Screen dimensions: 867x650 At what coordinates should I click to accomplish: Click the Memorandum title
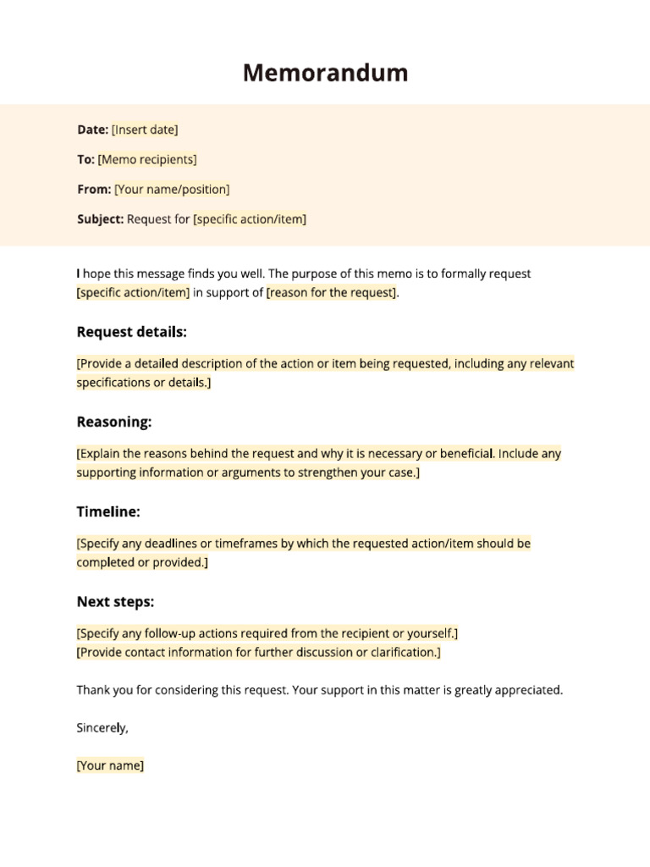(x=325, y=74)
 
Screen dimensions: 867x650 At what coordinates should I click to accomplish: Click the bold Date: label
(x=92, y=130)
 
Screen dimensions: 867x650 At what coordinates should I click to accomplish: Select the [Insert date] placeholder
(x=145, y=130)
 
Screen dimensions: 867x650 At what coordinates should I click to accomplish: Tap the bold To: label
(x=85, y=159)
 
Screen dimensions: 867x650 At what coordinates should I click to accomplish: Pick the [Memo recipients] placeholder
(x=147, y=159)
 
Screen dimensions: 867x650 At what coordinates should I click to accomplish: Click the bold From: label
(x=94, y=190)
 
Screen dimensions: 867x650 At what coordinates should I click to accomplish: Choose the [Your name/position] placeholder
(x=172, y=190)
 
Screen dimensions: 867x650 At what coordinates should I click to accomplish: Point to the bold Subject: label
(x=101, y=219)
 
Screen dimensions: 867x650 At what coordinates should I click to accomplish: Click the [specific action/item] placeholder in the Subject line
(x=250, y=219)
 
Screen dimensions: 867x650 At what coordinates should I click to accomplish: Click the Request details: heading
(x=132, y=332)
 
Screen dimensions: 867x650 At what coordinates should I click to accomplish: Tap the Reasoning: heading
(x=114, y=422)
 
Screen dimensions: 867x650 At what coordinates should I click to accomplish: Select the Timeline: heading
(x=108, y=512)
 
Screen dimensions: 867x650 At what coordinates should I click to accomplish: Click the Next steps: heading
(x=115, y=602)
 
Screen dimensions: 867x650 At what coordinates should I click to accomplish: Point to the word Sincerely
(x=102, y=727)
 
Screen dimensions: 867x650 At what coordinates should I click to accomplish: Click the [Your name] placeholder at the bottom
(x=110, y=765)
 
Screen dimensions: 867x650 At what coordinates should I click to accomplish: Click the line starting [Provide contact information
(x=258, y=653)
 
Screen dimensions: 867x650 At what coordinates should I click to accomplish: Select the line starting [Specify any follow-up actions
(x=267, y=633)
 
